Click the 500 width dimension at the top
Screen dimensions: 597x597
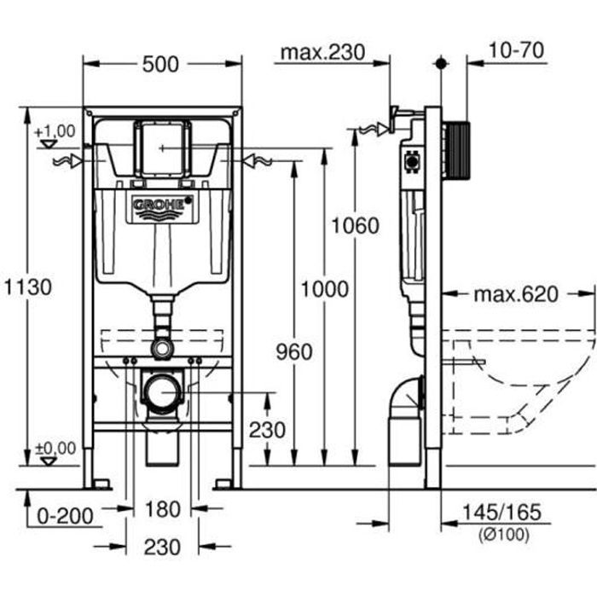click(161, 64)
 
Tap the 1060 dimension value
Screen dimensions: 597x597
click(355, 225)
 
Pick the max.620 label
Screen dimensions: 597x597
click(515, 294)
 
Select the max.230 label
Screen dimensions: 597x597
click(323, 52)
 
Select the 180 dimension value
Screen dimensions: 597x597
click(162, 509)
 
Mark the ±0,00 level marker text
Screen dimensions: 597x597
click(55, 448)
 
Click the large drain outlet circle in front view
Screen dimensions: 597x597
click(162, 392)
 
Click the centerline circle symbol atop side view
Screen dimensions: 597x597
click(440, 63)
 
